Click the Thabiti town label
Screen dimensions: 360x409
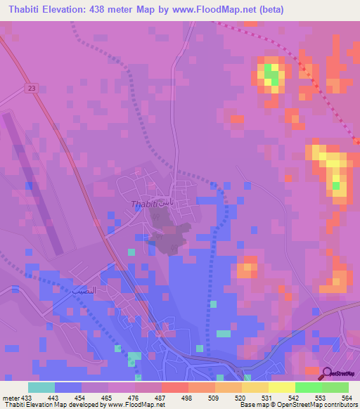coord(143,204)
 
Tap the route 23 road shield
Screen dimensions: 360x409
coord(32,88)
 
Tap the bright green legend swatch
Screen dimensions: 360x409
coord(308,387)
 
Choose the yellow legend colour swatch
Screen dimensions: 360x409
coord(281,387)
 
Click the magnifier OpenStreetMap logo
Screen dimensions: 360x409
coord(328,373)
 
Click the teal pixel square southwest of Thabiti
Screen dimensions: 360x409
coord(131,252)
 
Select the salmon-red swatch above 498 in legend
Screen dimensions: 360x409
coord(174,387)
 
